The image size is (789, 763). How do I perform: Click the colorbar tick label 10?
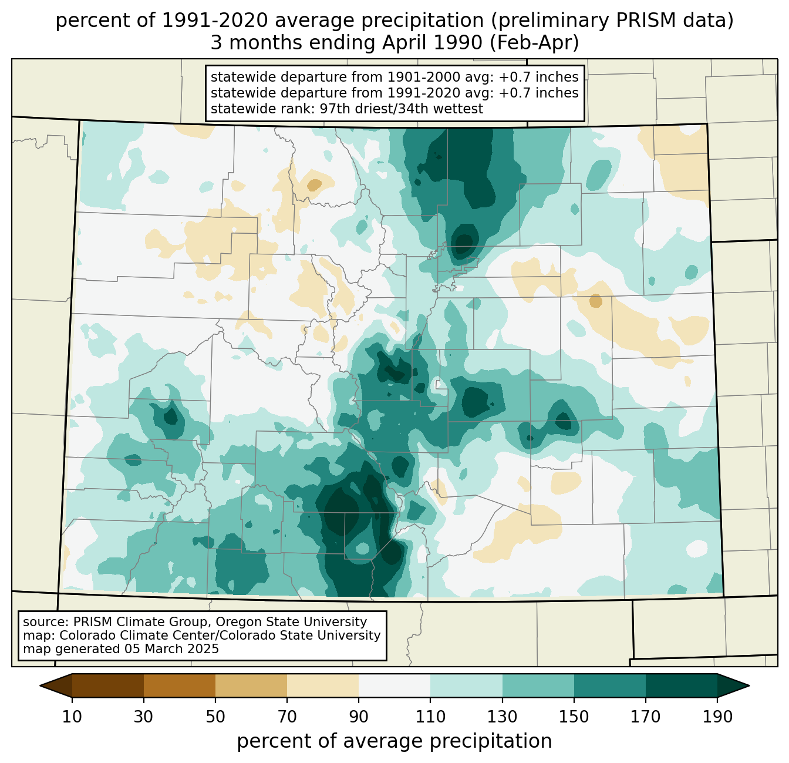point(72,717)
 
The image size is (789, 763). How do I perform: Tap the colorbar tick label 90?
point(359,717)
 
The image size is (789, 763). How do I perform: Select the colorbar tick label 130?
point(502,717)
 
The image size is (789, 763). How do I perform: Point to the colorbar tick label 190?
point(717,717)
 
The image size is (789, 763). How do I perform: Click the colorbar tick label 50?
point(215,717)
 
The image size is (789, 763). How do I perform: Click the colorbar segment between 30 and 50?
point(180,685)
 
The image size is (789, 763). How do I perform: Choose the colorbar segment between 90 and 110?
point(394,685)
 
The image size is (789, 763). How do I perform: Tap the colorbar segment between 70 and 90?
point(323,685)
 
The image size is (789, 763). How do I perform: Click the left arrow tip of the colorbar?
point(40,685)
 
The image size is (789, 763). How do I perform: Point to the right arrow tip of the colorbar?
point(749,685)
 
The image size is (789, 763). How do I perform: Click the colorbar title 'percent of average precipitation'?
point(394,741)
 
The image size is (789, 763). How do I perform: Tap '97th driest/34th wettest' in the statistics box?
point(402,109)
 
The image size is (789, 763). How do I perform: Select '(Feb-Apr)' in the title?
point(534,43)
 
